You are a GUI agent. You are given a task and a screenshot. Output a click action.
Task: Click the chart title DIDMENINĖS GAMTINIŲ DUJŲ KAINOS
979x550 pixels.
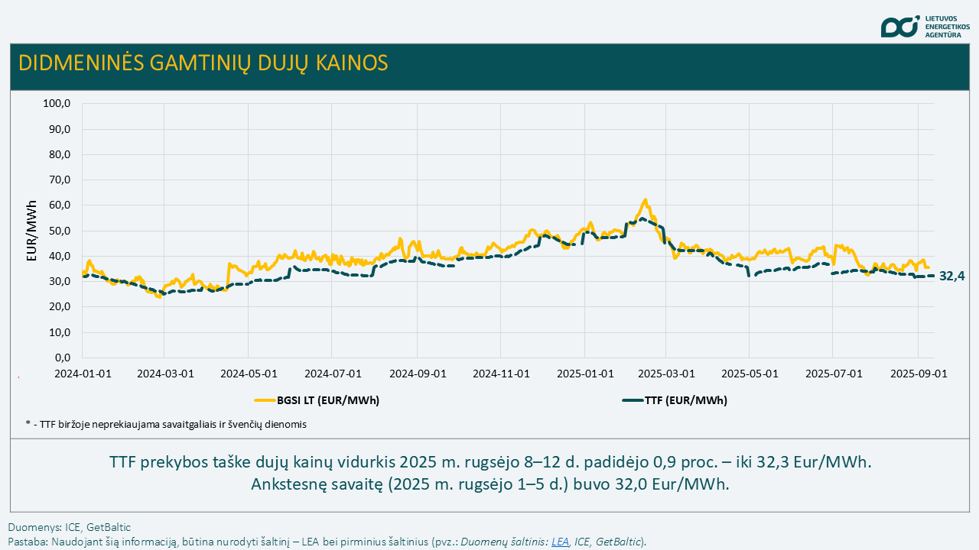click(203, 63)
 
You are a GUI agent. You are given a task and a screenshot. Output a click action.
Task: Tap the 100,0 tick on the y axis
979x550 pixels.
click(57, 103)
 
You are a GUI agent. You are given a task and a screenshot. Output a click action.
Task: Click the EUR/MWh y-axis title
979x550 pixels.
click(31, 231)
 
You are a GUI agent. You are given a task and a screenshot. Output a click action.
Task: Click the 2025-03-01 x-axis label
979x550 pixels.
click(665, 374)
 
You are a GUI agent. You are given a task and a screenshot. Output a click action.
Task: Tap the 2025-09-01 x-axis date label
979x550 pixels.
click(917, 374)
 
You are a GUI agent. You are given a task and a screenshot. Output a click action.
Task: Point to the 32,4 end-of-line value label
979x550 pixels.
click(951, 277)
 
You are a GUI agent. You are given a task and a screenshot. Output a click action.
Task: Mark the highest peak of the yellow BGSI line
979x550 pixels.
click(646, 200)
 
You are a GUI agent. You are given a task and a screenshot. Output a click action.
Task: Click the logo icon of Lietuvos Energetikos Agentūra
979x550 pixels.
click(899, 27)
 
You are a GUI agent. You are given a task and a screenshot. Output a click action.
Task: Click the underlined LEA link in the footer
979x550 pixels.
click(560, 542)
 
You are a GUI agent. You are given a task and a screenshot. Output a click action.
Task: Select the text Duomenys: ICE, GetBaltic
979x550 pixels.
click(70, 527)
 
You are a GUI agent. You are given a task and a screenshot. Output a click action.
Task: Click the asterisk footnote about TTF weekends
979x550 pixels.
click(166, 425)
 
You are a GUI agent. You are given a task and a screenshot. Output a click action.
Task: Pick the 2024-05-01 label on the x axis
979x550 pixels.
click(248, 374)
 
